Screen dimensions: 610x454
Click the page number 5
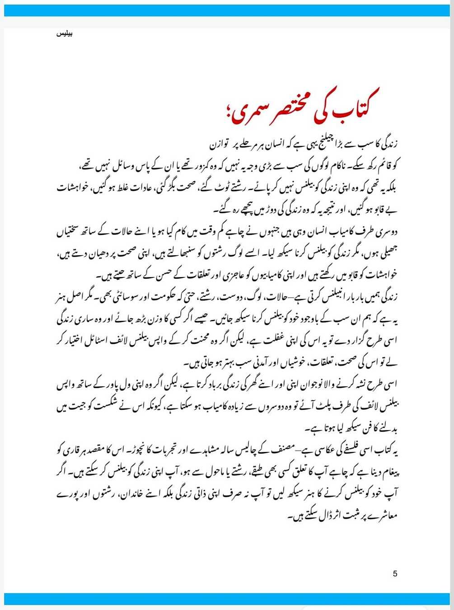(x=395, y=574)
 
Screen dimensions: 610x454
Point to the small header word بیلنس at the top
(x=64, y=34)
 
